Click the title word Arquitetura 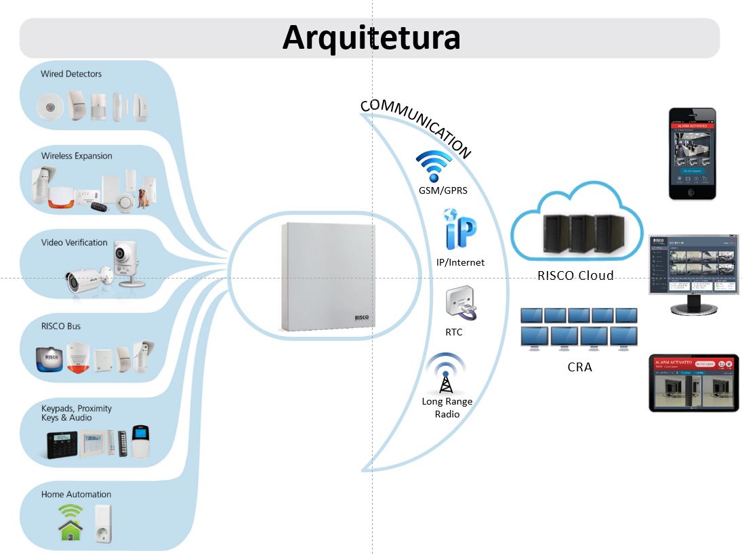coord(371,38)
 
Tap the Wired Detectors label coord(71,74)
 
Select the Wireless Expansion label coord(77,156)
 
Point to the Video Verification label coord(74,243)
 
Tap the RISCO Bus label coord(61,327)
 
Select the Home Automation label coord(76,495)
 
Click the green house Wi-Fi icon coord(70,522)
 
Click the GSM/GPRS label coord(442,191)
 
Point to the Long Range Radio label coord(447,407)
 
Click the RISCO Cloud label coord(575,275)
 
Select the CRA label coord(579,367)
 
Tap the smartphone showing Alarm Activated coord(692,154)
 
